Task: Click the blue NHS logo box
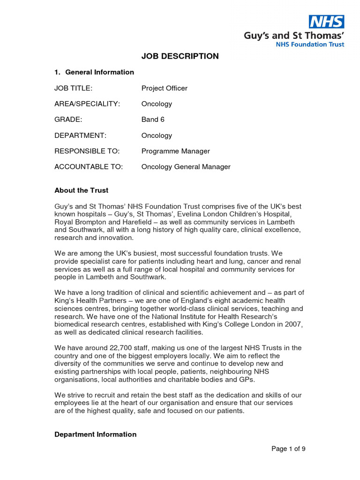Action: click(326, 22)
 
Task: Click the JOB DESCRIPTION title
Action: click(180, 56)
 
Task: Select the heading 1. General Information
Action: click(94, 72)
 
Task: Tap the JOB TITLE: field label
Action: click(74, 88)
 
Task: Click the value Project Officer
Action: click(165, 88)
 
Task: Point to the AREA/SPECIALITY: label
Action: click(87, 104)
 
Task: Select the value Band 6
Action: click(153, 120)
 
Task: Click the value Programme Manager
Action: click(176, 151)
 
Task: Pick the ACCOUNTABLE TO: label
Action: click(89, 167)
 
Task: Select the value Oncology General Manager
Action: click(186, 167)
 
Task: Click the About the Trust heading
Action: click(81, 190)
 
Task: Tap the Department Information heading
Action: click(96, 435)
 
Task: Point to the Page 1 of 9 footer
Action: click(289, 449)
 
